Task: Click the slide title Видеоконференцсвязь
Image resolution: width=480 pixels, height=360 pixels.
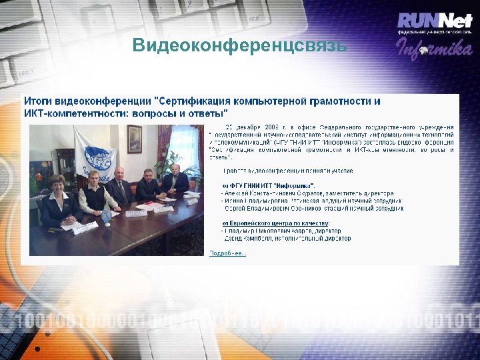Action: tap(239, 45)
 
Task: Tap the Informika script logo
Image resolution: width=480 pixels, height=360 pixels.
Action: tap(435, 47)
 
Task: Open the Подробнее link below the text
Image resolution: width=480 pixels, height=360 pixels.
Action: tap(227, 253)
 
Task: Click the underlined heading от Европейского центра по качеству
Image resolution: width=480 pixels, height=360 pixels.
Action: tap(276, 222)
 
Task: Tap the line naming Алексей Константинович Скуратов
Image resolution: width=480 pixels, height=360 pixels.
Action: tap(307, 192)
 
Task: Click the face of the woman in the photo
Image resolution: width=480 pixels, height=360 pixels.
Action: tap(56, 183)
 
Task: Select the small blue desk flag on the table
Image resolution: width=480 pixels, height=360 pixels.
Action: tap(105, 213)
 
